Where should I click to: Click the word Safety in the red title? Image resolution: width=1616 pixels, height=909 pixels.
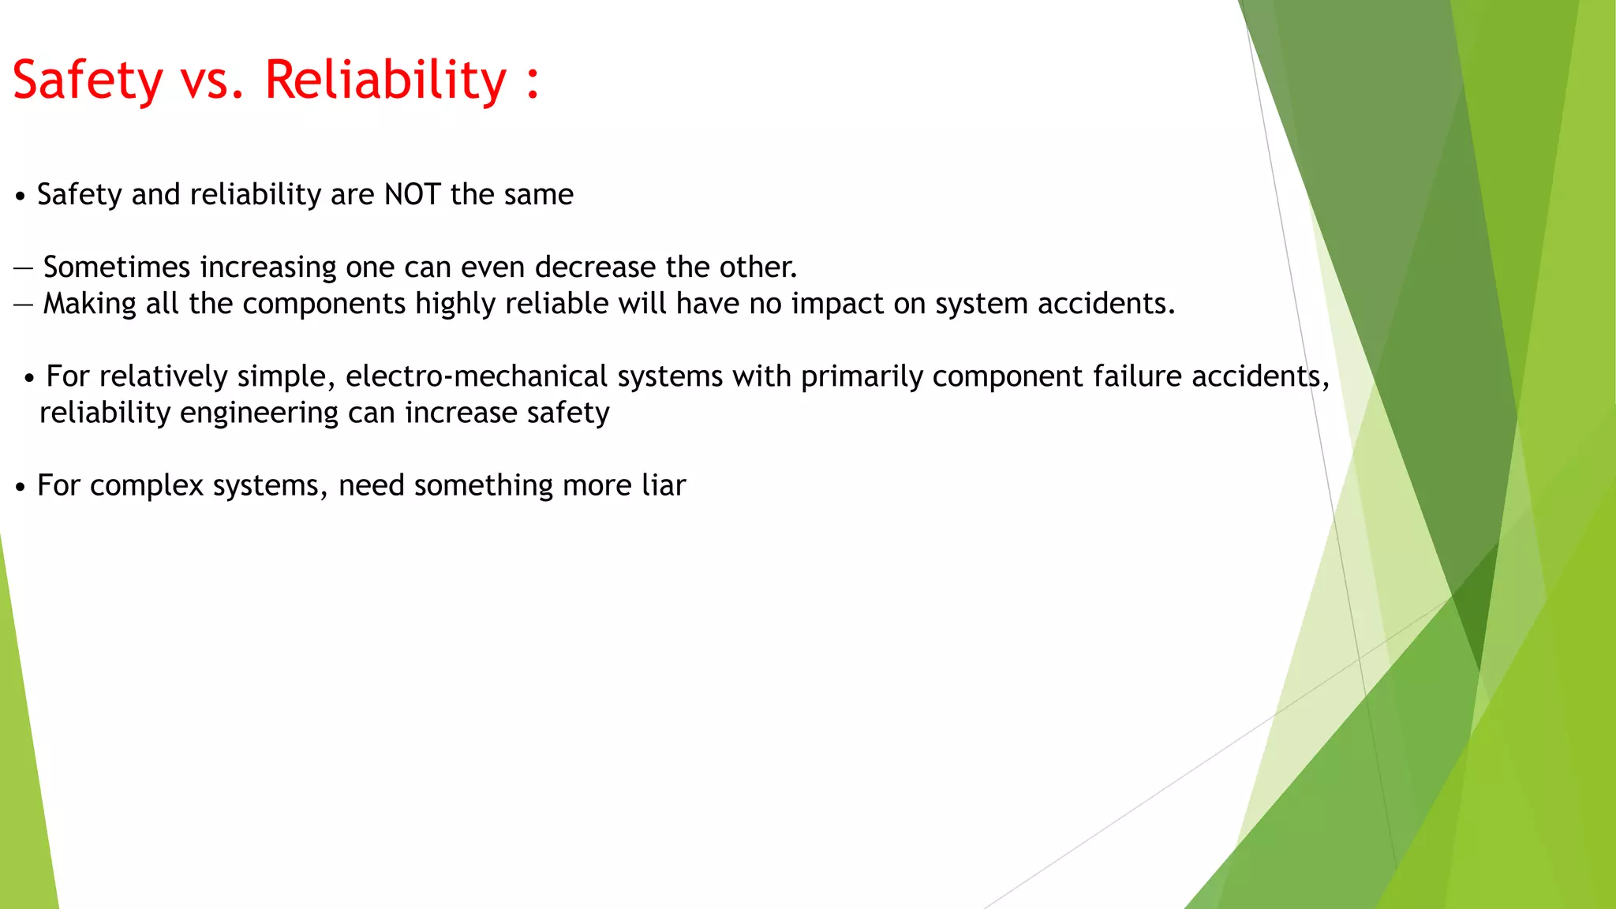tap(88, 80)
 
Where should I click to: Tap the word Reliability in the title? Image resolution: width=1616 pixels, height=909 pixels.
tap(385, 80)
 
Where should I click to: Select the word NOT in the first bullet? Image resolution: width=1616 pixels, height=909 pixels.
tap(412, 194)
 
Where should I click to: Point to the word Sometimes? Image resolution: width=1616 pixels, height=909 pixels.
tap(117, 267)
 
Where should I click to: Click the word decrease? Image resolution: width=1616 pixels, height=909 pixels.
tap(595, 267)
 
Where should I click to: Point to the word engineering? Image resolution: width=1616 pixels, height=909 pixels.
tap(248, 413)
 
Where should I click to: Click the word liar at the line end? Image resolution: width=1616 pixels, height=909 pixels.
tap(664, 485)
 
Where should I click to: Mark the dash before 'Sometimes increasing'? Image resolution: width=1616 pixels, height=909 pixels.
tap(23, 268)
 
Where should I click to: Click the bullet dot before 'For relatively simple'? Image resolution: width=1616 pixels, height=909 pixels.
tap(29, 378)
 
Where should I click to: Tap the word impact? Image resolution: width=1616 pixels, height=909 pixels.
tap(837, 305)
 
